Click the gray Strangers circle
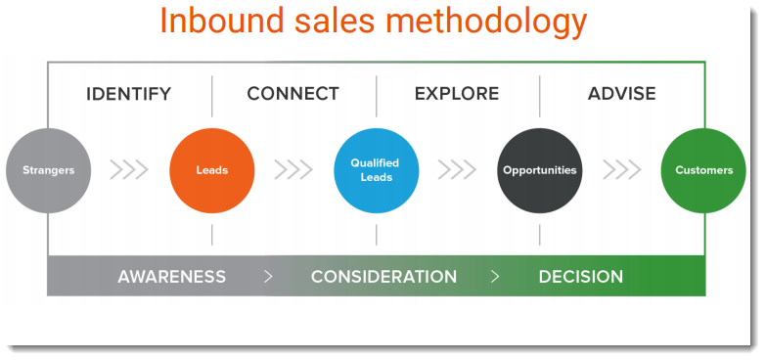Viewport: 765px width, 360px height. pos(48,170)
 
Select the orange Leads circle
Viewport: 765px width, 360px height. pos(212,170)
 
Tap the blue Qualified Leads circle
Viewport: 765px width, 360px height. pos(376,170)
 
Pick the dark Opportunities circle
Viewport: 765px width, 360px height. pos(539,170)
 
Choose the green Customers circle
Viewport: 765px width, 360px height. pos(703,170)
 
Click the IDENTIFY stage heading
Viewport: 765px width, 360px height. pos(128,95)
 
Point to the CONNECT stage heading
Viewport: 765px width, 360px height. pos(292,95)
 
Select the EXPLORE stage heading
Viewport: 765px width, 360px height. pos(457,95)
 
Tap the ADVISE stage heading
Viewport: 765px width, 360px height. pos(621,95)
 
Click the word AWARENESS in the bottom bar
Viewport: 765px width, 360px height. pos(171,277)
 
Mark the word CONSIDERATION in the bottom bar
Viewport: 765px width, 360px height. pos(383,277)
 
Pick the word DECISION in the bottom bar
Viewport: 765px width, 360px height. pos(580,277)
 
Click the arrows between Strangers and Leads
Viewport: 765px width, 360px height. pos(129,170)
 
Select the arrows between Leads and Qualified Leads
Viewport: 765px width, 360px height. pos(293,170)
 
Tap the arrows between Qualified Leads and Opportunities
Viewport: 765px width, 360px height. pos(457,170)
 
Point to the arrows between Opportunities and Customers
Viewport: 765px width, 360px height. pos(621,170)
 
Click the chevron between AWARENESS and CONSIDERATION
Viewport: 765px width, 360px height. pos(268,277)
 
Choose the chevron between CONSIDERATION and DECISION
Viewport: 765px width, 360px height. pos(495,277)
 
